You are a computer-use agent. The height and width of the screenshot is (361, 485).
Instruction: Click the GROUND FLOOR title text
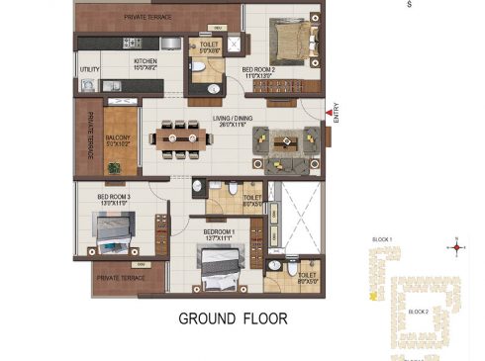click(234, 318)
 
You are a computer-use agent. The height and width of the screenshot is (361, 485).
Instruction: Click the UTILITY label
click(89, 69)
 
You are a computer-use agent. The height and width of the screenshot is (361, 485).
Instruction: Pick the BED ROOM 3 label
click(114, 199)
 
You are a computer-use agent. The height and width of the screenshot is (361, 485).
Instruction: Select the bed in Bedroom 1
click(217, 265)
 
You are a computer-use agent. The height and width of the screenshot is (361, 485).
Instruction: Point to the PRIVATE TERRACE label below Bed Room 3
click(121, 278)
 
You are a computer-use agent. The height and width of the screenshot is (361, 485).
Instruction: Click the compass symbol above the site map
click(456, 245)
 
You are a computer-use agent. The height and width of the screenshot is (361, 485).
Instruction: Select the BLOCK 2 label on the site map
click(419, 311)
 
